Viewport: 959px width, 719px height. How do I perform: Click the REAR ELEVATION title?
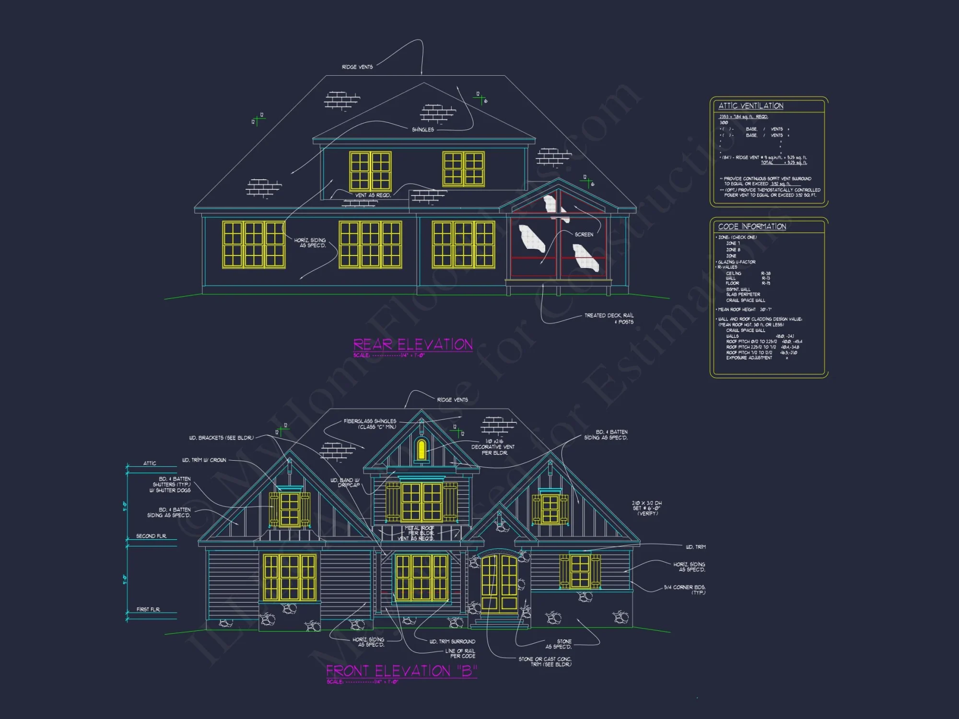[x=413, y=345]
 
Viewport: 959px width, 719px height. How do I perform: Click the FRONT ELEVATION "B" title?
[x=401, y=671]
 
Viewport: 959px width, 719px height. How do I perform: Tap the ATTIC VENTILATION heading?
[x=750, y=106]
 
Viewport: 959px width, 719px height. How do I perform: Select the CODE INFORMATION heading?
[x=752, y=227]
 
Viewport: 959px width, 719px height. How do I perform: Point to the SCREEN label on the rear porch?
[x=584, y=234]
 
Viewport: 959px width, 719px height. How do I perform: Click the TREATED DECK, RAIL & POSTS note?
[x=609, y=318]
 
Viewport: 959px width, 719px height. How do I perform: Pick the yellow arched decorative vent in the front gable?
[x=421, y=449]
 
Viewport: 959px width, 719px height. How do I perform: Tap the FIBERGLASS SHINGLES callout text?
[x=370, y=424]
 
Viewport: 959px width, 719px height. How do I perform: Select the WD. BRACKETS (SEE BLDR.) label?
[x=221, y=438]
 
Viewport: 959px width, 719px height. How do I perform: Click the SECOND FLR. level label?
[x=151, y=536]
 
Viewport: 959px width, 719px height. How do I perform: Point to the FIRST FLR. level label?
[x=148, y=609]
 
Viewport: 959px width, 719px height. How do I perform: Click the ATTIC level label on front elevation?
[x=150, y=463]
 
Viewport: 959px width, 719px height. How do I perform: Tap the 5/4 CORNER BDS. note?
[x=684, y=590]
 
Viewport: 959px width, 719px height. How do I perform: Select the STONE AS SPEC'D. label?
[x=559, y=644]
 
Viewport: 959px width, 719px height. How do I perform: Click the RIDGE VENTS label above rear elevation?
[x=357, y=67]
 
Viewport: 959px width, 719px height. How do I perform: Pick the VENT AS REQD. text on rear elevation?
[x=373, y=195]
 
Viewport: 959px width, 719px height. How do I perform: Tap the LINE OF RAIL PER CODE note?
[x=460, y=653]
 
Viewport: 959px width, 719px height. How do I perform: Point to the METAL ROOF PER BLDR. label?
[x=420, y=531]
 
